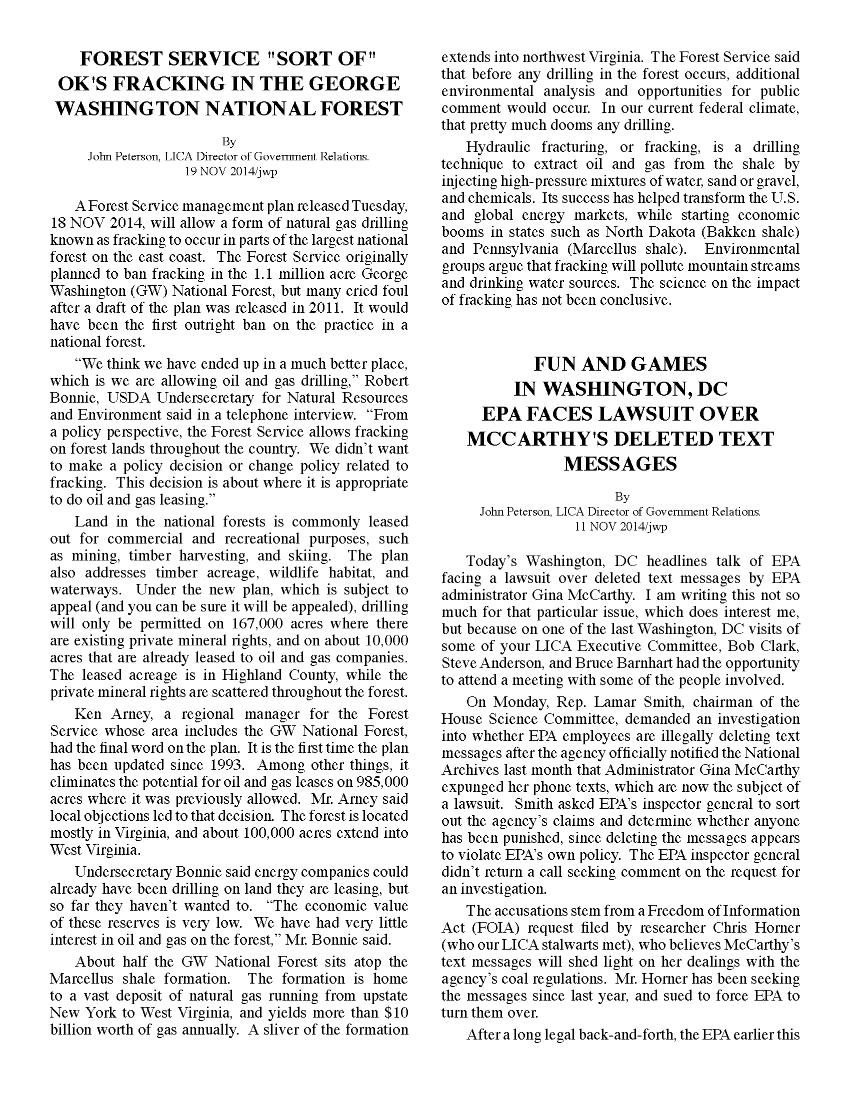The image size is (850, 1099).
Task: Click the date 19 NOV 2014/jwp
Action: [228, 171]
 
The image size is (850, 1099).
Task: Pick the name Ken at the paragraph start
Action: [87, 714]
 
